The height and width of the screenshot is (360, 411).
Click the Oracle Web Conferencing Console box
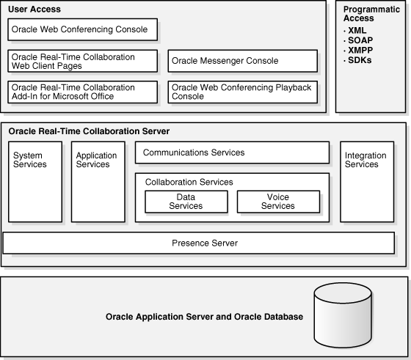pos(83,30)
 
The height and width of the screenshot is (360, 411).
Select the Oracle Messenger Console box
pos(243,61)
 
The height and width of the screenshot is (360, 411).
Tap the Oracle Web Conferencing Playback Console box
pos(243,92)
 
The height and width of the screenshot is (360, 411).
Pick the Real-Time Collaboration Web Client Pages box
pos(83,61)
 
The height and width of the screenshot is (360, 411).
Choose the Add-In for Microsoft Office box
pos(83,92)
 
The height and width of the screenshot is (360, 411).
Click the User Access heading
pos(35,10)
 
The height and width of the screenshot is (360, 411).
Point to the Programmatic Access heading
pos(371,13)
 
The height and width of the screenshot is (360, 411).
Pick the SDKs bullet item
pos(360,60)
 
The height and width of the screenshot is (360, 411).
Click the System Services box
pos(35,182)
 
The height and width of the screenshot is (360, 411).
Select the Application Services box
pos(97,182)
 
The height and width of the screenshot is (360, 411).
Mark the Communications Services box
pos(232,153)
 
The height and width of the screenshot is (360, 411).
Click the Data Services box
pos(186,202)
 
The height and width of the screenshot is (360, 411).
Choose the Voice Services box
pos(278,202)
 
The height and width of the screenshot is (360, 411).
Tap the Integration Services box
pos(366,182)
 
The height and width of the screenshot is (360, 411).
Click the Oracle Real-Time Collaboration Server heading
pos(89,131)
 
